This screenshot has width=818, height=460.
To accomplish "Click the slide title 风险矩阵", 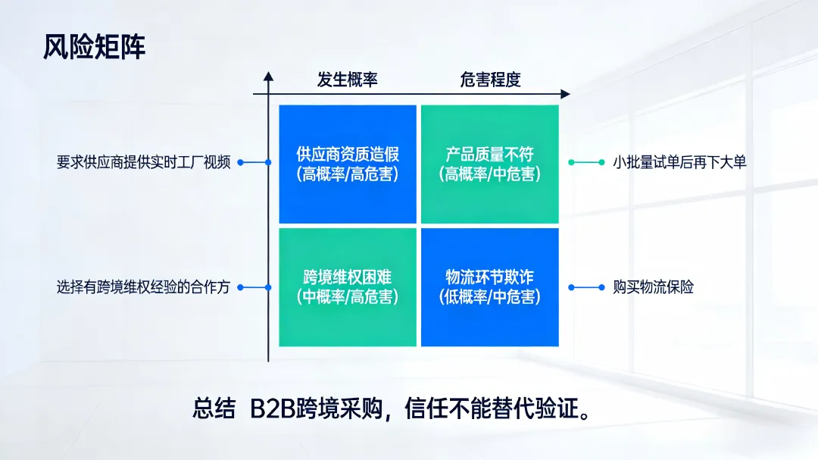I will pyautogui.click(x=94, y=47).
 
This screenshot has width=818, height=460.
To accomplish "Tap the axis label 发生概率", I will pyautogui.click(x=347, y=80).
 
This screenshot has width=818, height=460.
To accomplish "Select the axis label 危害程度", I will pyautogui.click(x=491, y=80).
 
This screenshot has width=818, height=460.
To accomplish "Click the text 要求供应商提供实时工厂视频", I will pyautogui.click(x=143, y=162).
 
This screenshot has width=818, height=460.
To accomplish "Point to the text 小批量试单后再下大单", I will pyautogui.click(x=679, y=162).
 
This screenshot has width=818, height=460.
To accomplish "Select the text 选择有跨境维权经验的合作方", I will pyautogui.click(x=143, y=288).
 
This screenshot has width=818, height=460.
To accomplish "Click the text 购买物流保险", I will pyautogui.click(x=654, y=288).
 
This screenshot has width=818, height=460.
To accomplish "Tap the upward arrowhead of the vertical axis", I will pyautogui.click(x=268, y=76).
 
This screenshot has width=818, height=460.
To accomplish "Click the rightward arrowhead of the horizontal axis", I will pyautogui.click(x=565, y=94).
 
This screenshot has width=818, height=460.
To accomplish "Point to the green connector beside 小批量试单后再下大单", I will pyautogui.click(x=586, y=162).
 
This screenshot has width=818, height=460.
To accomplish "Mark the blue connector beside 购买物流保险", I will pyautogui.click(x=586, y=288).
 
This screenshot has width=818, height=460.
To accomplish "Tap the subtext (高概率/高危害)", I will pyautogui.click(x=348, y=174).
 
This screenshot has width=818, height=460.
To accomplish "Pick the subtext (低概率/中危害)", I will pyautogui.click(x=489, y=297).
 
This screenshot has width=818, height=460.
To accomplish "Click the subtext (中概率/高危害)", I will pyautogui.click(x=348, y=297).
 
